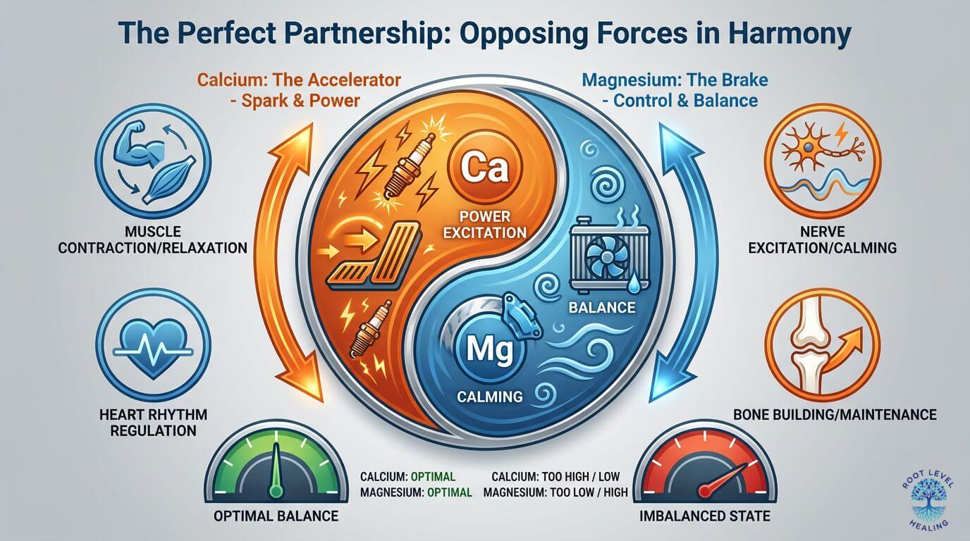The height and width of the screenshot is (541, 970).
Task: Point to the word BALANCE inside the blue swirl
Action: point(605,307)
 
